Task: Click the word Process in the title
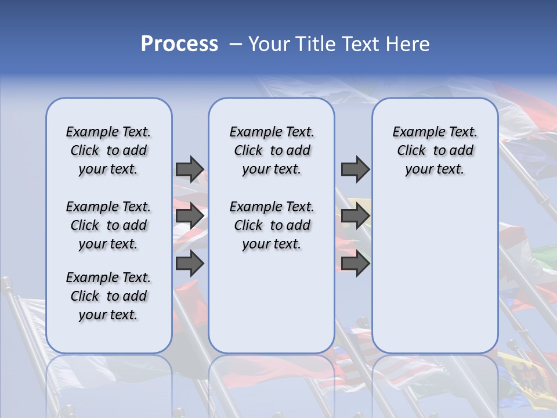179,44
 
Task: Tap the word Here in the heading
408,44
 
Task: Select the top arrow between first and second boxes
190,170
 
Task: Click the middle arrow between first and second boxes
190,216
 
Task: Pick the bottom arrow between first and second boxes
190,264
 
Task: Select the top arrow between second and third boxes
355,170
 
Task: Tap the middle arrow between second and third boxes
355,216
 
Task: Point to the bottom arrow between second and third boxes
355,264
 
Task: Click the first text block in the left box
108,150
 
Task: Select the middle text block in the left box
108,225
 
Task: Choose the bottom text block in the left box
108,296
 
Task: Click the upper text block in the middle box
272,150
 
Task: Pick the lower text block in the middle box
272,225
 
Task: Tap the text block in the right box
435,150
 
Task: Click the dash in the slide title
236,44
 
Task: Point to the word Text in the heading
363,44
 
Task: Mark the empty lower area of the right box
435,267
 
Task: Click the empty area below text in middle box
272,302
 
